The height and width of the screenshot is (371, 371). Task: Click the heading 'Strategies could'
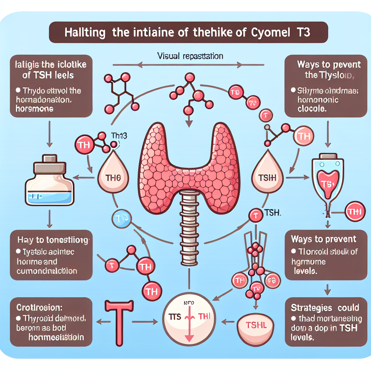(x=325, y=308)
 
